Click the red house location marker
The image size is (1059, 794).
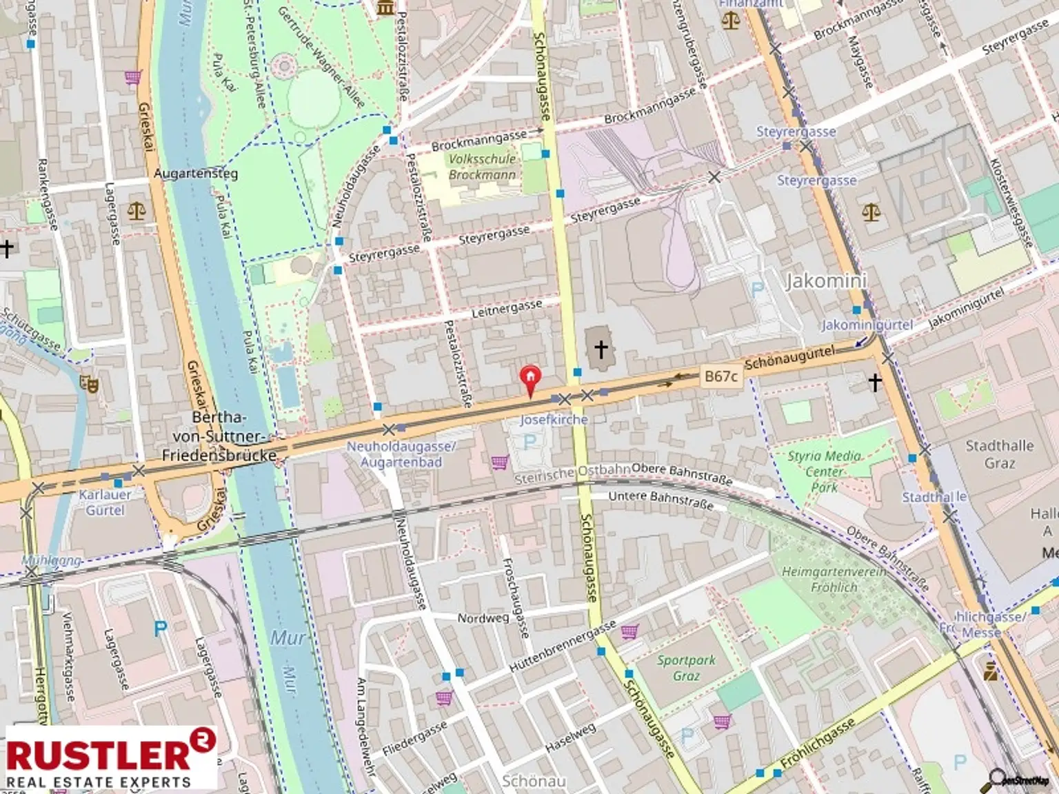pos(529,378)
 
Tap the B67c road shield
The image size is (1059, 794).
pos(720,376)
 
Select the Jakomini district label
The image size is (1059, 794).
pos(826,281)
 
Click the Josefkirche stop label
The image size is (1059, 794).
pos(554,419)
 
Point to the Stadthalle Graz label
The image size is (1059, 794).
pos(999,454)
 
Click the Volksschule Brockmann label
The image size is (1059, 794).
pos(482,167)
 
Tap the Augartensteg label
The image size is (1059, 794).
pos(195,173)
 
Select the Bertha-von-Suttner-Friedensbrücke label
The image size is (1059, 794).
pos(219,436)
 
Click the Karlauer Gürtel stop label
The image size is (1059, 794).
pos(105,502)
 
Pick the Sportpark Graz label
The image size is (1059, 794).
pos(686,668)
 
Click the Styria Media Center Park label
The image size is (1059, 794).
pos(825,471)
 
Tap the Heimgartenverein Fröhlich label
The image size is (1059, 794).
pos(834,580)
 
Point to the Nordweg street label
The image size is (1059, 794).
pos(483,618)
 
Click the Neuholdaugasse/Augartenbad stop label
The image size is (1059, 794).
pos(401,454)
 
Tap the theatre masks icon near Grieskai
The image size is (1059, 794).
pos(89,383)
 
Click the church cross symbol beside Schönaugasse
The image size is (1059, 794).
pos(601,349)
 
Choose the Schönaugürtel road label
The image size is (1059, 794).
pos(789,358)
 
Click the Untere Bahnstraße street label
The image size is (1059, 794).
pos(660,500)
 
